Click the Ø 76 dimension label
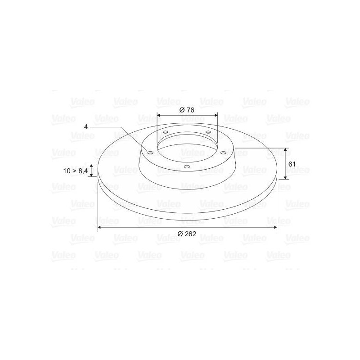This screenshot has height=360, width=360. pos(187,110)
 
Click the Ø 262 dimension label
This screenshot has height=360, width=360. pos(187,234)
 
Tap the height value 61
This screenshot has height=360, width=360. pos(292,164)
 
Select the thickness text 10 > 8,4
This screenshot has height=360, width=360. pos(76,171)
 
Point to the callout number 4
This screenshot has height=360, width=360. pos(86,127)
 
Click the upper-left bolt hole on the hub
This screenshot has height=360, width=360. pos(165,132)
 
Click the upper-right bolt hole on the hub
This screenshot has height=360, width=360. pos(208,132)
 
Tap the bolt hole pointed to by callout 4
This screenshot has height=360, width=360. pos(150,153)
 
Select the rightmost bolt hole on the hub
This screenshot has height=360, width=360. pos(223,153)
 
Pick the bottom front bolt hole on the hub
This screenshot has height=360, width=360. pos(187,166)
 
